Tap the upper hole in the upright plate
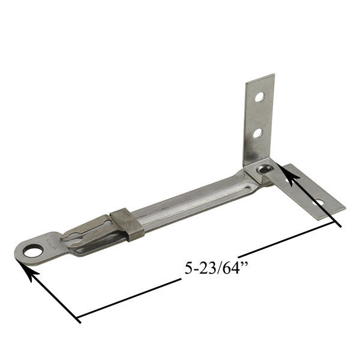[x=259, y=96]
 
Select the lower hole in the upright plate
[x=257, y=133]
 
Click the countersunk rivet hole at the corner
[x=263, y=170]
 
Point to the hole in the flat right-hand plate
[x=319, y=202]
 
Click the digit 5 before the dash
[x=188, y=268]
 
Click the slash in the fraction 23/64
[x=216, y=268]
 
